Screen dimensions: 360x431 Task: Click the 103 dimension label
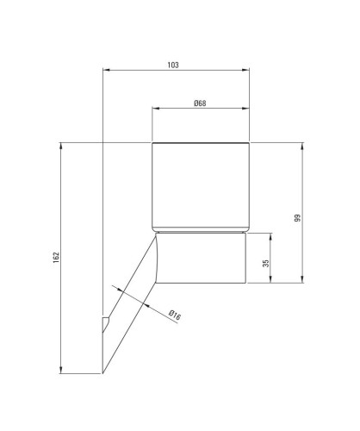(173, 66)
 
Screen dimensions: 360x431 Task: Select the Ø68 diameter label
(200, 103)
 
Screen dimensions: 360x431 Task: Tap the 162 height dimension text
(56, 258)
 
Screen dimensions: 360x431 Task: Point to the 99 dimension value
(298, 218)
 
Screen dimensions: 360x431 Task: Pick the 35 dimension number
(266, 263)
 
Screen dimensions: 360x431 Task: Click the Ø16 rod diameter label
(175, 315)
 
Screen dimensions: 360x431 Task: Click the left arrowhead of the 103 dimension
(107, 70)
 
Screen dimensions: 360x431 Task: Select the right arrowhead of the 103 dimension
(245, 70)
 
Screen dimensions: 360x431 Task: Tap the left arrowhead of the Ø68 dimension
(156, 108)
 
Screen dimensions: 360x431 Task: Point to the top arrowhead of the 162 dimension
(60, 146)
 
